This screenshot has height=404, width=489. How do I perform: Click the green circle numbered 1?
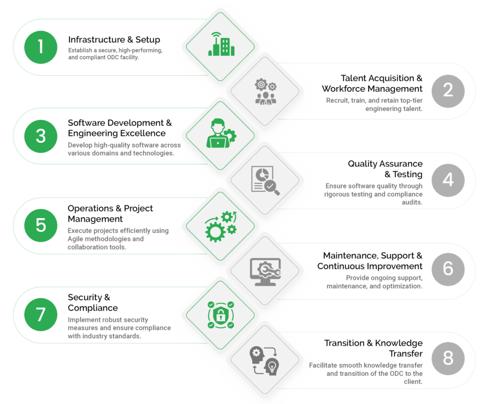click(41, 46)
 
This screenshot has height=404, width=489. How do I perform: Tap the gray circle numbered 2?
click(448, 90)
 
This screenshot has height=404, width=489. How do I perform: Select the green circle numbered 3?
click(41, 136)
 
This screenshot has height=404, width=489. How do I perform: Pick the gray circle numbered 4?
click(448, 180)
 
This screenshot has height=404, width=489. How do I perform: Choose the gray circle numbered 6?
click(448, 269)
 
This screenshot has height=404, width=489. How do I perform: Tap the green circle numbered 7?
click(41, 315)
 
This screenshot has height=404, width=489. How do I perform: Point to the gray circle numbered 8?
click(448, 358)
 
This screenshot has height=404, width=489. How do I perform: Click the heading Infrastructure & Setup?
click(114, 40)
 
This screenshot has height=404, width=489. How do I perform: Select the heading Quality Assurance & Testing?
click(386, 169)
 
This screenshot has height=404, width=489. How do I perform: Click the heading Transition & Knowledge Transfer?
click(374, 348)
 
